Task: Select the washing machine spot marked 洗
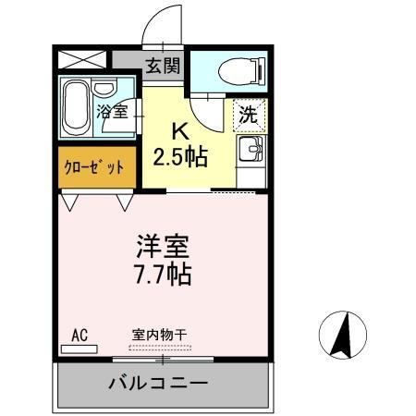[x=248, y=115]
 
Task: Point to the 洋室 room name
[x=164, y=247]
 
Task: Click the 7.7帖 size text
[x=164, y=275]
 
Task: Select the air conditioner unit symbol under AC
[x=80, y=348]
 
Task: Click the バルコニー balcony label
[x=158, y=382]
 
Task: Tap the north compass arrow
[x=341, y=334]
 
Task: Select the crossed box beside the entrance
[x=80, y=58]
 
